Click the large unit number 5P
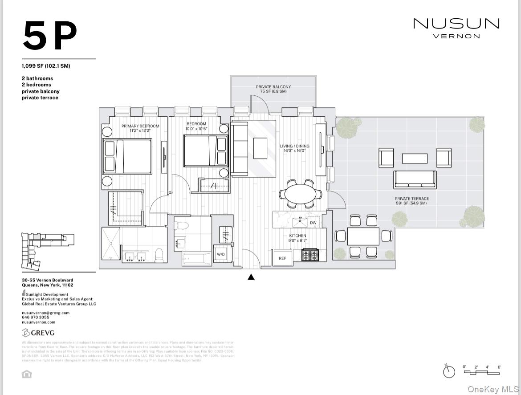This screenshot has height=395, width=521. click(50, 36)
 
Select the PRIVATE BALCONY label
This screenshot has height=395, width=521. click(273, 89)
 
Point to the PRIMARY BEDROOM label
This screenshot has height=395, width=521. click(140, 128)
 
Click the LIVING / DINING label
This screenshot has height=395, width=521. click(294, 148)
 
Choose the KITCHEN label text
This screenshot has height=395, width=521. click(297, 238)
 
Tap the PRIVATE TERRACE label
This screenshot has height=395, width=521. click(412, 201)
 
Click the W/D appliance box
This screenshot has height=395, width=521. click(221, 255)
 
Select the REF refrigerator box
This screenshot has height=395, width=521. click(282, 258)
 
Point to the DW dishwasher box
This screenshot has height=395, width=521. click(313, 223)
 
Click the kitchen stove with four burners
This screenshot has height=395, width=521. click(309, 255)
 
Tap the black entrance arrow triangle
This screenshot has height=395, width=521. click(251, 277)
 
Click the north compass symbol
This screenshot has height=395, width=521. click(449, 371)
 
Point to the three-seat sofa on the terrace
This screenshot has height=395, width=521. click(415, 179)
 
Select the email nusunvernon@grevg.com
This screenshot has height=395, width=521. click(45, 313)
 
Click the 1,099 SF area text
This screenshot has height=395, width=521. click(46, 66)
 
